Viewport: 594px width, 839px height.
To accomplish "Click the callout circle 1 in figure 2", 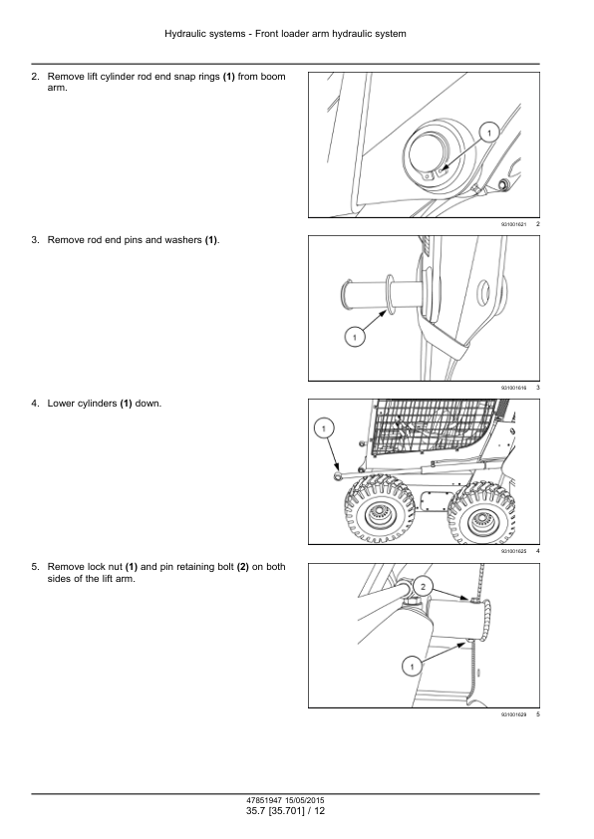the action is [489, 132].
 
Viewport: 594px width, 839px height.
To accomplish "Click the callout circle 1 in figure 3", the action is [354, 337].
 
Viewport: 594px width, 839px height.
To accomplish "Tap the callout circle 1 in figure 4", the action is [324, 427].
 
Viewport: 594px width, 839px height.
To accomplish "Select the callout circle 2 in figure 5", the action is [423, 587].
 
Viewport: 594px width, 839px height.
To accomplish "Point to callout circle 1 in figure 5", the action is [412, 667].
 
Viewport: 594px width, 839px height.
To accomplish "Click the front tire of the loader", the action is [380, 508].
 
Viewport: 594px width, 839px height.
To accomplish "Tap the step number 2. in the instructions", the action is [35, 77].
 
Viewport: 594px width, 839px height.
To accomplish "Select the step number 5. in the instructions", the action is [35, 567].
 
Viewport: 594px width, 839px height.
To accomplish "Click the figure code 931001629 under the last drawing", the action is [513, 714].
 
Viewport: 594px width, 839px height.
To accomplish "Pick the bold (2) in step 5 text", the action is [243, 567].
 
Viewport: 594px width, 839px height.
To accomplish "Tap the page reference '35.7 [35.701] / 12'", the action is [285, 811].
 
